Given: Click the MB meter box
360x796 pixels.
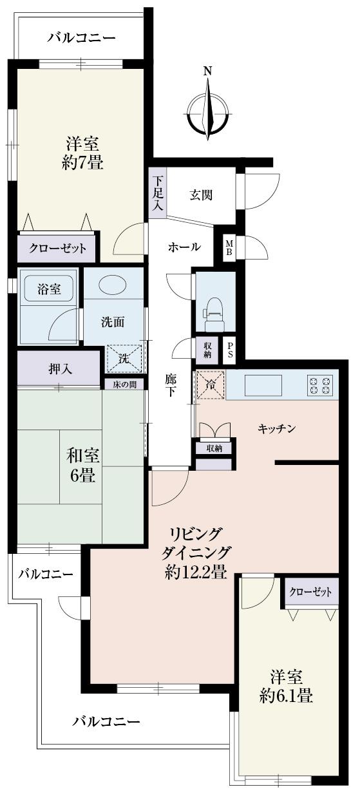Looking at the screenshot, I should point(229,247).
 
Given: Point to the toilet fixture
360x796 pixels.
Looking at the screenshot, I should point(214,308).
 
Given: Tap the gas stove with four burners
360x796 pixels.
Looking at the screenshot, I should point(320,385).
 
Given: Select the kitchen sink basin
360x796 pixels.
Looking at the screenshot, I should point(263,385).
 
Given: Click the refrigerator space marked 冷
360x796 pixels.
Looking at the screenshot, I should point(210,385).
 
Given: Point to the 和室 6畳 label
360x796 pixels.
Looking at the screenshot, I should point(82,466).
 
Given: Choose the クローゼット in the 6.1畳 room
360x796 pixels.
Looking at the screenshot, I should point(311,592).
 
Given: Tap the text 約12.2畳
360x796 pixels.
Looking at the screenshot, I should point(195,571).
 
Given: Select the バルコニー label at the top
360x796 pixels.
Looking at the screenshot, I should point(82,38).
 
